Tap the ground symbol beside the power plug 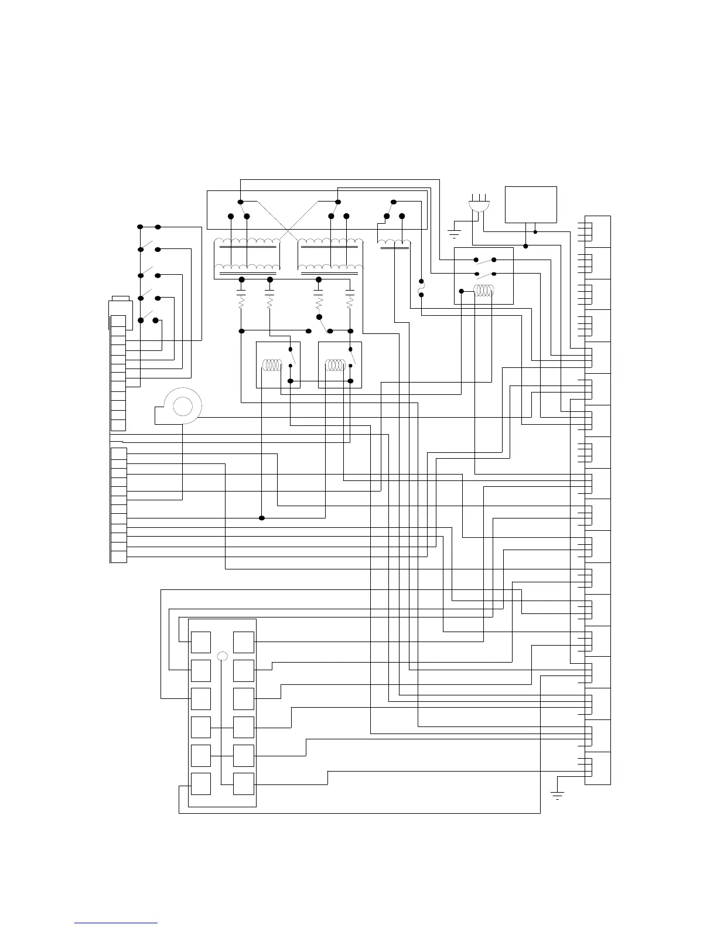click(x=454, y=233)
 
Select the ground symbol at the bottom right click(x=556, y=794)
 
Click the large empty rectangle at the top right click(x=531, y=204)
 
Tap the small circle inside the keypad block click(x=222, y=656)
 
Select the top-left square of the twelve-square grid click(x=201, y=642)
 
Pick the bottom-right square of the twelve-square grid click(x=244, y=783)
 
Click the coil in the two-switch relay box click(x=484, y=291)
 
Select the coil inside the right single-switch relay click(x=336, y=365)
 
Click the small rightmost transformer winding click(x=393, y=244)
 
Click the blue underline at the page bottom click(x=116, y=923)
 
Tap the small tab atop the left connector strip click(x=120, y=299)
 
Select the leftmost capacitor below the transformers click(x=241, y=290)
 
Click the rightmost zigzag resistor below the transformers click(x=350, y=303)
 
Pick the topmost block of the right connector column click(x=597, y=231)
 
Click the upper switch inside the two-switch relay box click(x=485, y=260)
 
